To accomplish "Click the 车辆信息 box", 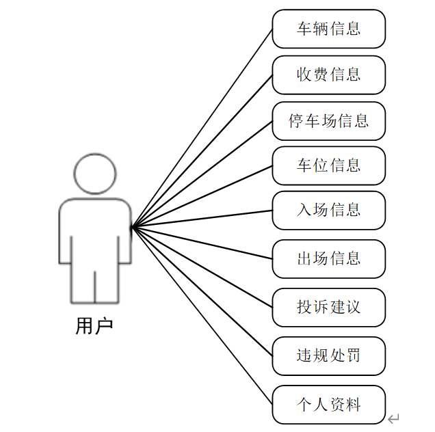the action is click(328, 29).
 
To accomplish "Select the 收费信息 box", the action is click(328, 75).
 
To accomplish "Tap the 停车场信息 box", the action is click(328, 121).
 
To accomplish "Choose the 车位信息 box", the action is click(328, 165).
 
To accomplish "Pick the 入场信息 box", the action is click(328, 210).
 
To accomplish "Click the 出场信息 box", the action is click(328, 258).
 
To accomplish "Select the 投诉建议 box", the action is click(328, 307).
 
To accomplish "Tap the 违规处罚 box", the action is click(328, 355).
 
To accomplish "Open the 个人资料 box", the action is click(328, 404).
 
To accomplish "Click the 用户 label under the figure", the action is click(94, 327).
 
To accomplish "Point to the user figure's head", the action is click(95, 174).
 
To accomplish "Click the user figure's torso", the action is click(95, 232).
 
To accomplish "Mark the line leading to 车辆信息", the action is click(202, 128).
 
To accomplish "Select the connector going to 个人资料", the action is click(202, 316).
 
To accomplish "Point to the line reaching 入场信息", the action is click(202, 219).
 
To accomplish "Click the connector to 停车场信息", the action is click(202, 174).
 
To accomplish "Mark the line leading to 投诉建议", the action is click(202, 267).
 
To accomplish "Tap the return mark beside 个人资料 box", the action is click(393, 418).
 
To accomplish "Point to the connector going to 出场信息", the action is click(202, 243).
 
